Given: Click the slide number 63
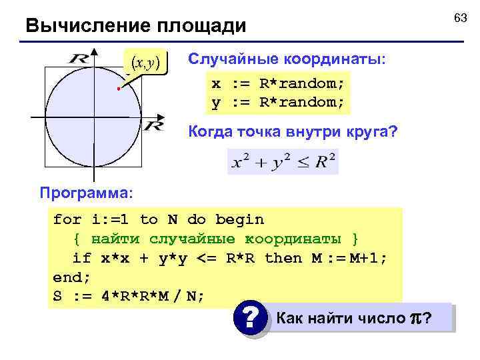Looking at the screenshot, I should [461, 18].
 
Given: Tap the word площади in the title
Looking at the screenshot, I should [201, 27].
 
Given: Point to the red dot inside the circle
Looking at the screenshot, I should [116, 89].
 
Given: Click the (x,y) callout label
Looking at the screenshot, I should [145, 63].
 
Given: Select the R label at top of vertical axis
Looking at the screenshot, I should [79, 58].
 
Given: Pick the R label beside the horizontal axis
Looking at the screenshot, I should [154, 125].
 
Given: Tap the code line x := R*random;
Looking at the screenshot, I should [278, 85].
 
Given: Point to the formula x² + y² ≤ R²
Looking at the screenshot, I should [283, 161].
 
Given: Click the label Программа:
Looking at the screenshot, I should [87, 193].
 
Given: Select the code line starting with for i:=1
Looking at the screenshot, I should [159, 219].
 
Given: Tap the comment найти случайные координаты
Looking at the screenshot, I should [225, 239].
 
